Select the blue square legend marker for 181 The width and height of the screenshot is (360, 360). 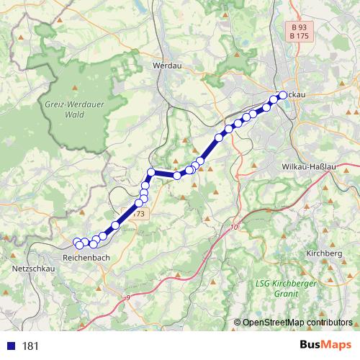point(10,346)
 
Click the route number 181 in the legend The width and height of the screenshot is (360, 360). point(30,346)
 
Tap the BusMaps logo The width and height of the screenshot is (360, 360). point(325,345)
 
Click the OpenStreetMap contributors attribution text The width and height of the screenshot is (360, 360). point(297,323)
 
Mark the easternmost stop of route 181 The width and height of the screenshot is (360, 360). point(282,95)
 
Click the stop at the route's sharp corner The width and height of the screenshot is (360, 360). point(151,172)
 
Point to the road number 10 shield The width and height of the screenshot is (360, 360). point(234,228)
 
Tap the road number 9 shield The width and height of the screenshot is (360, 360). point(128,297)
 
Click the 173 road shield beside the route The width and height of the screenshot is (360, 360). point(139,215)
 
